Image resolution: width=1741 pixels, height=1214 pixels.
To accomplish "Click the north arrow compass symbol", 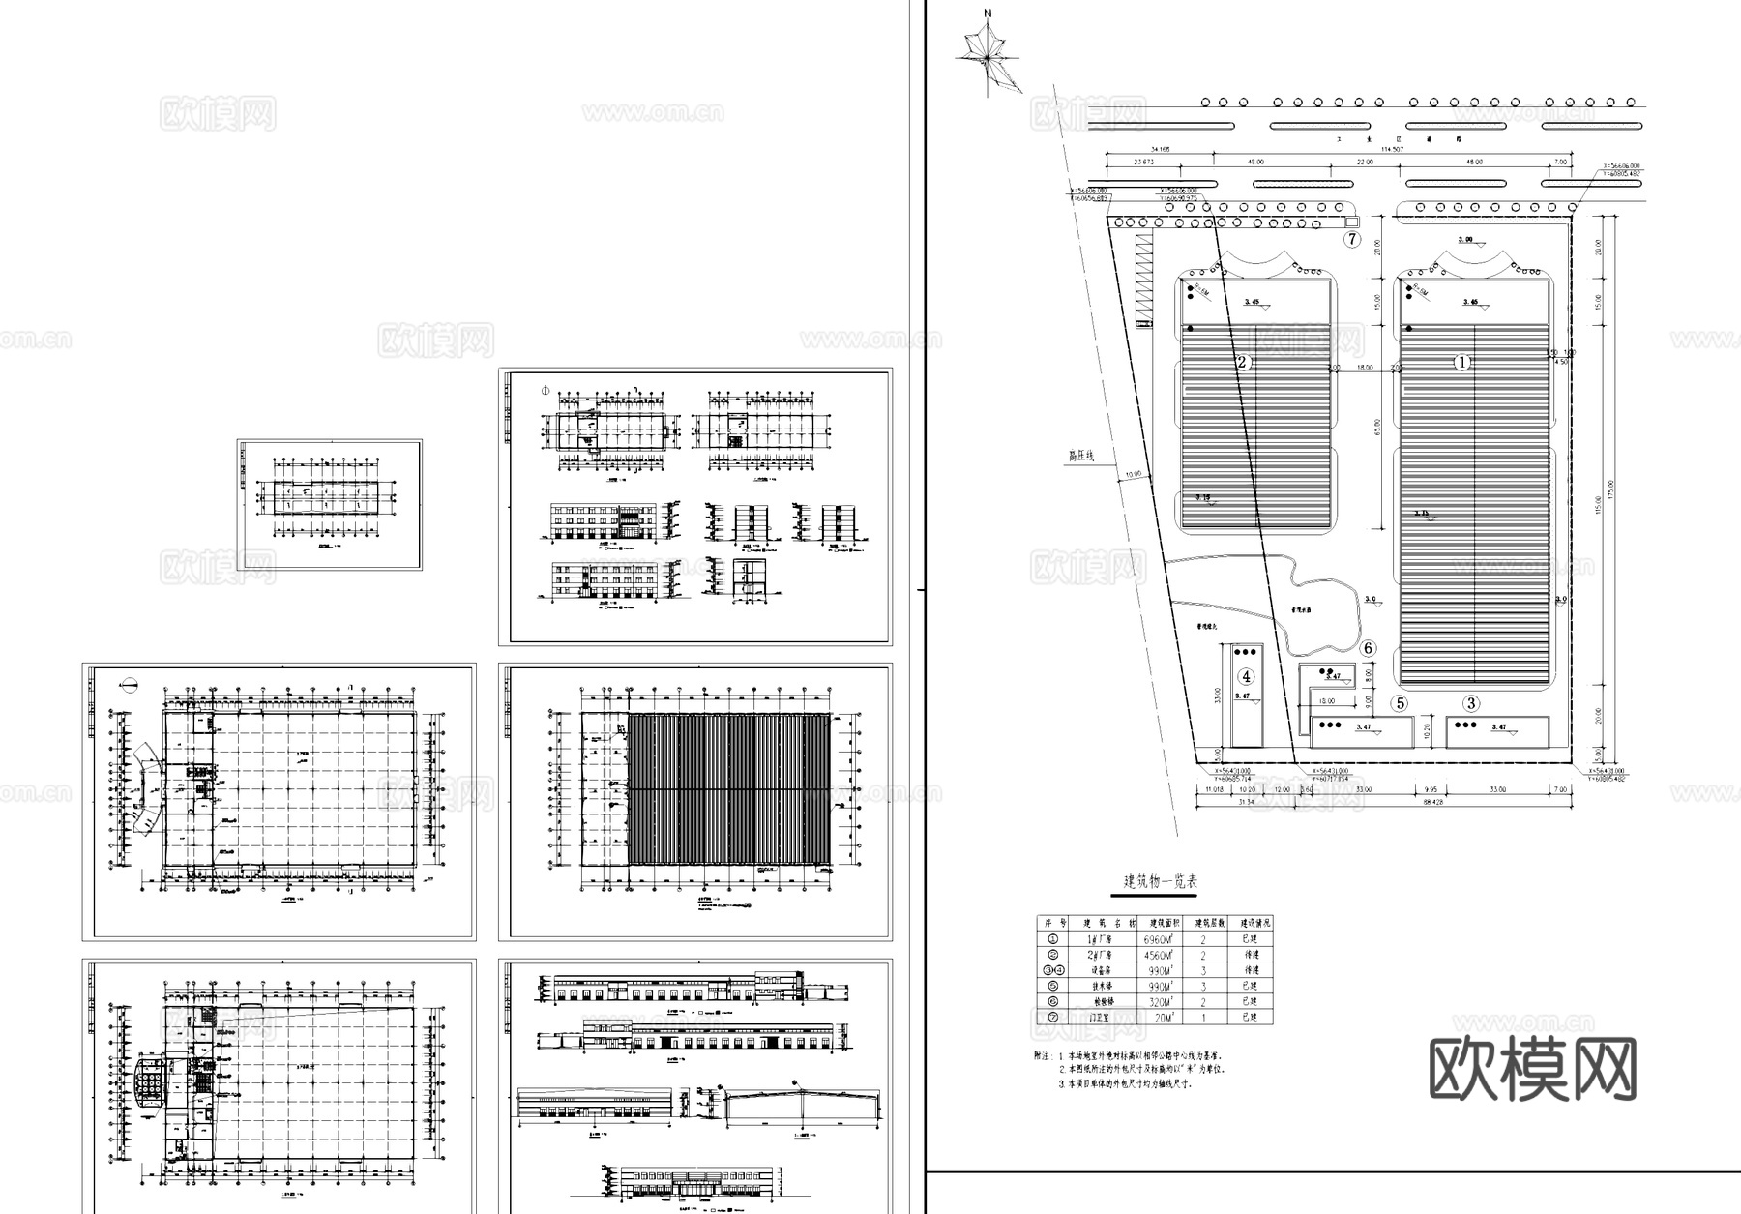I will click(989, 56).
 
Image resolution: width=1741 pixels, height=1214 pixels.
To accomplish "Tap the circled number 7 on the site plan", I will click(1352, 239).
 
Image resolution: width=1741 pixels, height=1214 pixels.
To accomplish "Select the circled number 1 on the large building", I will click(1462, 363).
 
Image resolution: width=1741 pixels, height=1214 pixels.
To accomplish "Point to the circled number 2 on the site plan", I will click(1244, 363).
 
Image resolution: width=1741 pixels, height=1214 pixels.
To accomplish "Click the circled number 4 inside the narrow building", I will click(1247, 676).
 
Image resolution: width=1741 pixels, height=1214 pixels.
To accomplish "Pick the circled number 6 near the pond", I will click(1368, 648).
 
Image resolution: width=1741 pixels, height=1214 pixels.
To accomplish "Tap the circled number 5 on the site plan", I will click(1400, 703).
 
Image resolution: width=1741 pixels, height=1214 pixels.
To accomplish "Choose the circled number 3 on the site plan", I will click(1471, 703).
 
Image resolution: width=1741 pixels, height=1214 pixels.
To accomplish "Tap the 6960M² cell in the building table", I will click(1159, 939).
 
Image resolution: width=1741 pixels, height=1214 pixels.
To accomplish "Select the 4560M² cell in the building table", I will click(1159, 955).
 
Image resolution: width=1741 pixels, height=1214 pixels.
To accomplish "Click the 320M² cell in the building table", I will click(1159, 1001).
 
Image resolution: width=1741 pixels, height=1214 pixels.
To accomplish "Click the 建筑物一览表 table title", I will click(1161, 882).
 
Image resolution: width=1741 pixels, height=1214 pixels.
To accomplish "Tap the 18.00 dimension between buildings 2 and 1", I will click(1365, 369).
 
